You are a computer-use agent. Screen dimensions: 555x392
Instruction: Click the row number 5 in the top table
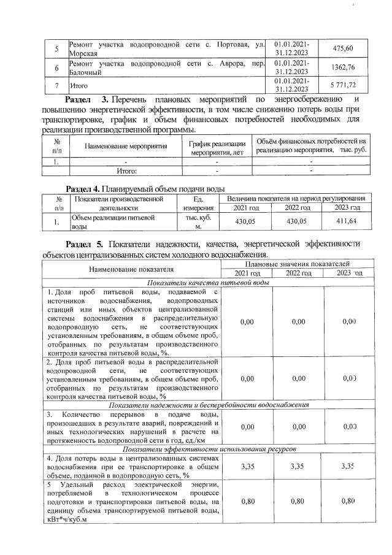pos(56,48)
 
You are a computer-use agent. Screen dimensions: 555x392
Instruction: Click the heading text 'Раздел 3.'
pos(87,99)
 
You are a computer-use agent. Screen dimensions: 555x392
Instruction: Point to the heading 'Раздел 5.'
pos(85,243)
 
